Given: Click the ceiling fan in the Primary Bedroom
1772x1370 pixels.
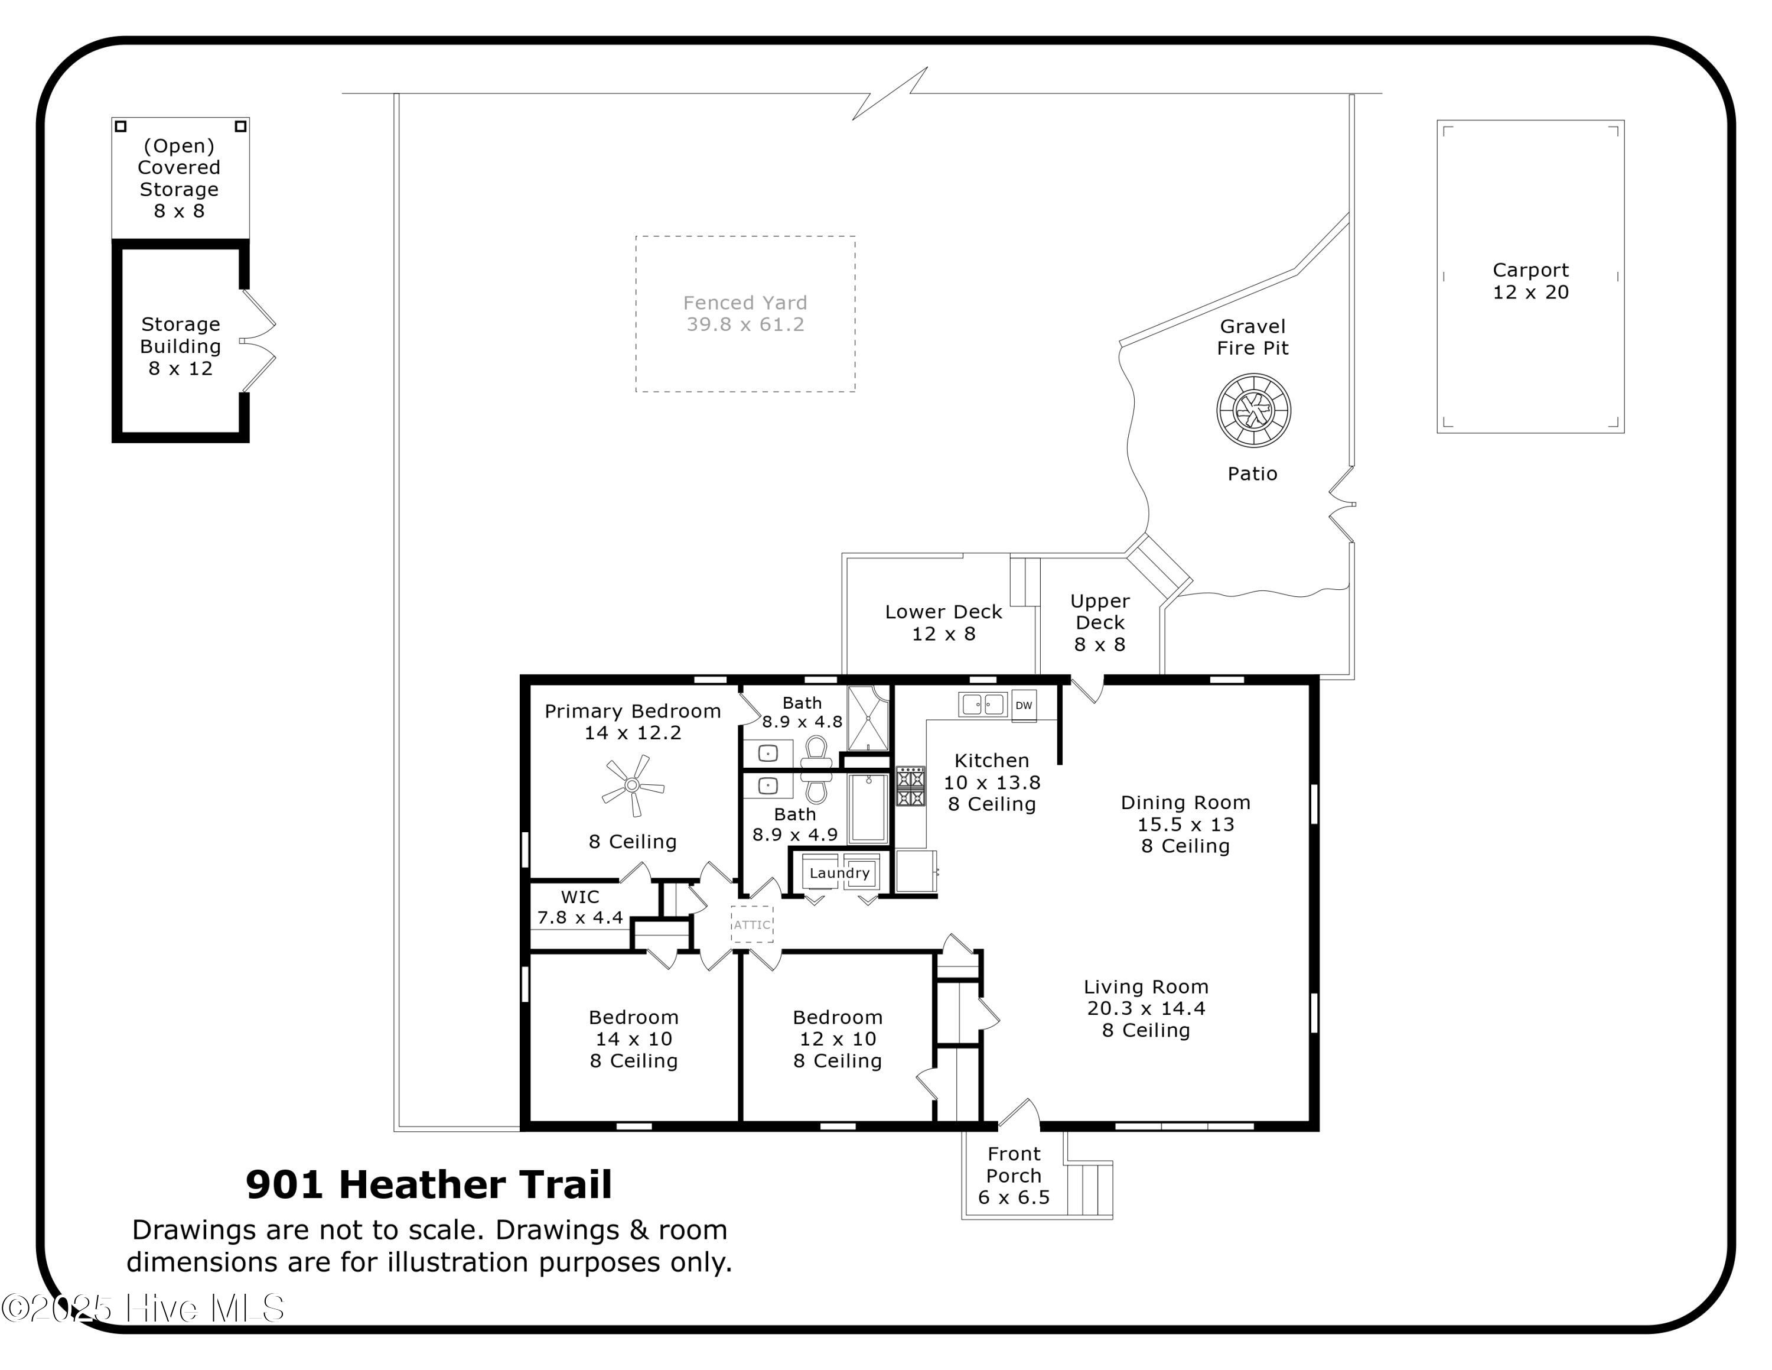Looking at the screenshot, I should click(633, 785).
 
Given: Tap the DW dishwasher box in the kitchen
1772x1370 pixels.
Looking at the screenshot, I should click(1024, 705).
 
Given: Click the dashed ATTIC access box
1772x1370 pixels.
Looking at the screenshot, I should click(752, 924).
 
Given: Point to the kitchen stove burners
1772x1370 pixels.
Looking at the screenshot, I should click(910, 785).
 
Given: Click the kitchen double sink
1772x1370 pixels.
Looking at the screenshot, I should click(982, 704).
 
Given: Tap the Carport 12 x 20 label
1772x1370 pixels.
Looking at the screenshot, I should click(1530, 281).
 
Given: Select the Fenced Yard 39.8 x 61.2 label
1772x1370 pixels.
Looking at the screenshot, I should click(745, 313).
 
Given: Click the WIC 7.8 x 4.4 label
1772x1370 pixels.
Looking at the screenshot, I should click(580, 907).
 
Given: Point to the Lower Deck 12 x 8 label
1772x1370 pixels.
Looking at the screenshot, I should click(943, 622).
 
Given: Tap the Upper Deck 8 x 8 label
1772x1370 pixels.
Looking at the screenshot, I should click(1099, 622).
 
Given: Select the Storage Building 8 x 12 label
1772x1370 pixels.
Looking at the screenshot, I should click(180, 346).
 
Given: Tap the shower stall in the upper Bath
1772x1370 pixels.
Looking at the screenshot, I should click(867, 718).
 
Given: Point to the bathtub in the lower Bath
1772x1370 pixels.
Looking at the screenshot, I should click(868, 809).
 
